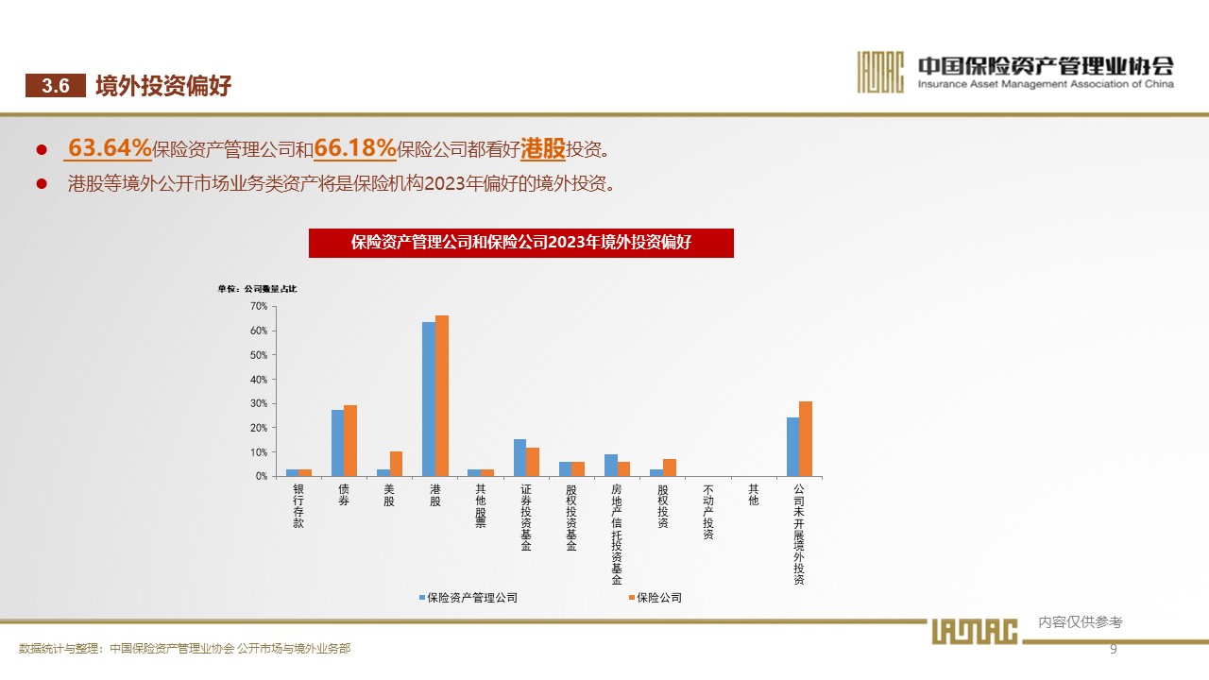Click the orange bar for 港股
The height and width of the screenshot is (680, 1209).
click(442, 396)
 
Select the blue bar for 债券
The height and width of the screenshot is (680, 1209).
click(337, 443)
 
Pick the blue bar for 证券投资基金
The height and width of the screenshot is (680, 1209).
click(519, 458)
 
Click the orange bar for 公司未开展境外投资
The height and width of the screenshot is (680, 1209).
click(806, 439)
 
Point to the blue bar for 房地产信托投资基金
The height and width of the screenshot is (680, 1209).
click(611, 466)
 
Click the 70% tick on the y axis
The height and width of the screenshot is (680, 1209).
click(259, 306)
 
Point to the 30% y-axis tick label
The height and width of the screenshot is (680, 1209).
click(259, 403)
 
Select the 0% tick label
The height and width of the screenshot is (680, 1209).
click(262, 476)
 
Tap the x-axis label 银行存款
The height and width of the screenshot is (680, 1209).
click(298, 506)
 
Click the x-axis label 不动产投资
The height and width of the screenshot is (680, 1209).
click(708, 512)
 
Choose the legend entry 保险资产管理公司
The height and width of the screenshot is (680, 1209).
click(468, 598)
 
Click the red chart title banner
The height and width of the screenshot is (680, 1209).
click(521, 243)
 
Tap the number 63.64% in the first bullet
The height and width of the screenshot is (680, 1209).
click(110, 148)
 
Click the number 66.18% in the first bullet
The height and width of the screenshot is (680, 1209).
click(354, 148)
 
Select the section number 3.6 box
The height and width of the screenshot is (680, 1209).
click(56, 86)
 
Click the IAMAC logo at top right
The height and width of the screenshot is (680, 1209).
click(880, 71)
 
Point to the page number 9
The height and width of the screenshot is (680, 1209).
click(1113, 649)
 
